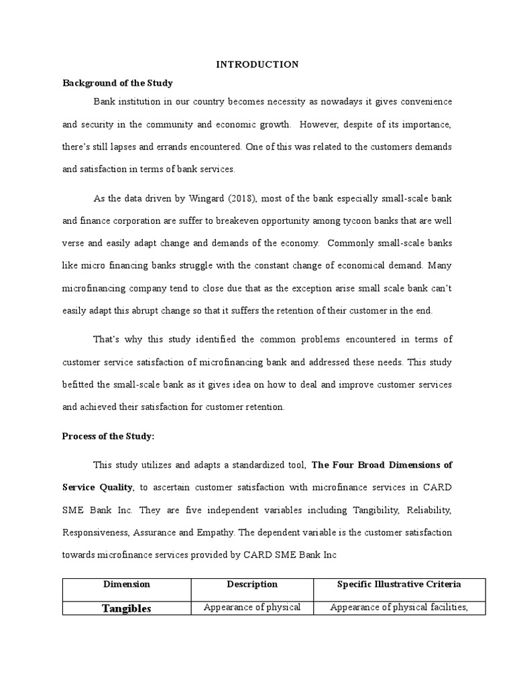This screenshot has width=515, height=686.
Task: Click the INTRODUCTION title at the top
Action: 257,64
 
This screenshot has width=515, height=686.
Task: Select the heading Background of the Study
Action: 117,83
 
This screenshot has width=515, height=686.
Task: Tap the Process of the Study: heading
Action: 108,436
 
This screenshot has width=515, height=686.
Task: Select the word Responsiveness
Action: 95,534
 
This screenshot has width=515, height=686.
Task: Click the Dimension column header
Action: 127,584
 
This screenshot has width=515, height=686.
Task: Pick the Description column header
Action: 251,584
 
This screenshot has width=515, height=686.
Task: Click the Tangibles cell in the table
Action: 127,608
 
